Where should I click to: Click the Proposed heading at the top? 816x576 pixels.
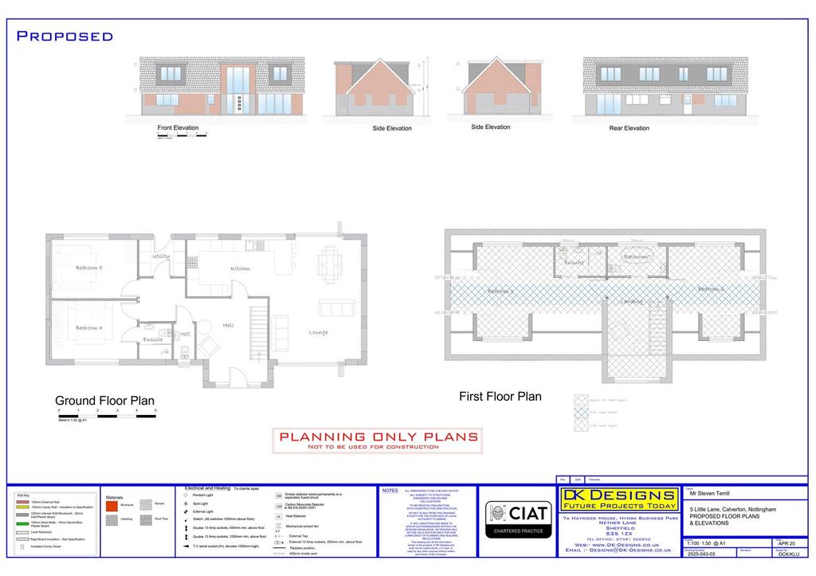pyautogui.click(x=65, y=36)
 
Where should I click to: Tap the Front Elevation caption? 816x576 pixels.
pyautogui.click(x=178, y=127)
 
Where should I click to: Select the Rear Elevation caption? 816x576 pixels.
pyautogui.click(x=629, y=127)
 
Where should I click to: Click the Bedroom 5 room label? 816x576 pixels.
pyautogui.click(x=88, y=268)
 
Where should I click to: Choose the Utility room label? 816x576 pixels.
pyautogui.click(x=161, y=257)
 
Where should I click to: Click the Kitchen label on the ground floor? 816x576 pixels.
pyautogui.click(x=240, y=268)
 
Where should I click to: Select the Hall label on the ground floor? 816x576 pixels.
pyautogui.click(x=228, y=325)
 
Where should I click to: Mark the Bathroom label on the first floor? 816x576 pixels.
pyautogui.click(x=637, y=257)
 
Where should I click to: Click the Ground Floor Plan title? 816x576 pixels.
pyautogui.click(x=104, y=401)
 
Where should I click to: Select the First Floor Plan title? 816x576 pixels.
pyautogui.click(x=500, y=396)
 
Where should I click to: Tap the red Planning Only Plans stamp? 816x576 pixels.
pyautogui.click(x=378, y=440)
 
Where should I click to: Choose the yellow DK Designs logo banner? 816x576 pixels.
pyautogui.click(x=619, y=499)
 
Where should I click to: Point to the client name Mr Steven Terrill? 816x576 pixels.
pyautogui.click(x=712, y=494)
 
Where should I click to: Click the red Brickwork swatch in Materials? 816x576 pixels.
pyautogui.click(x=111, y=505)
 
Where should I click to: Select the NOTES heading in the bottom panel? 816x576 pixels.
pyautogui.click(x=390, y=491)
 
